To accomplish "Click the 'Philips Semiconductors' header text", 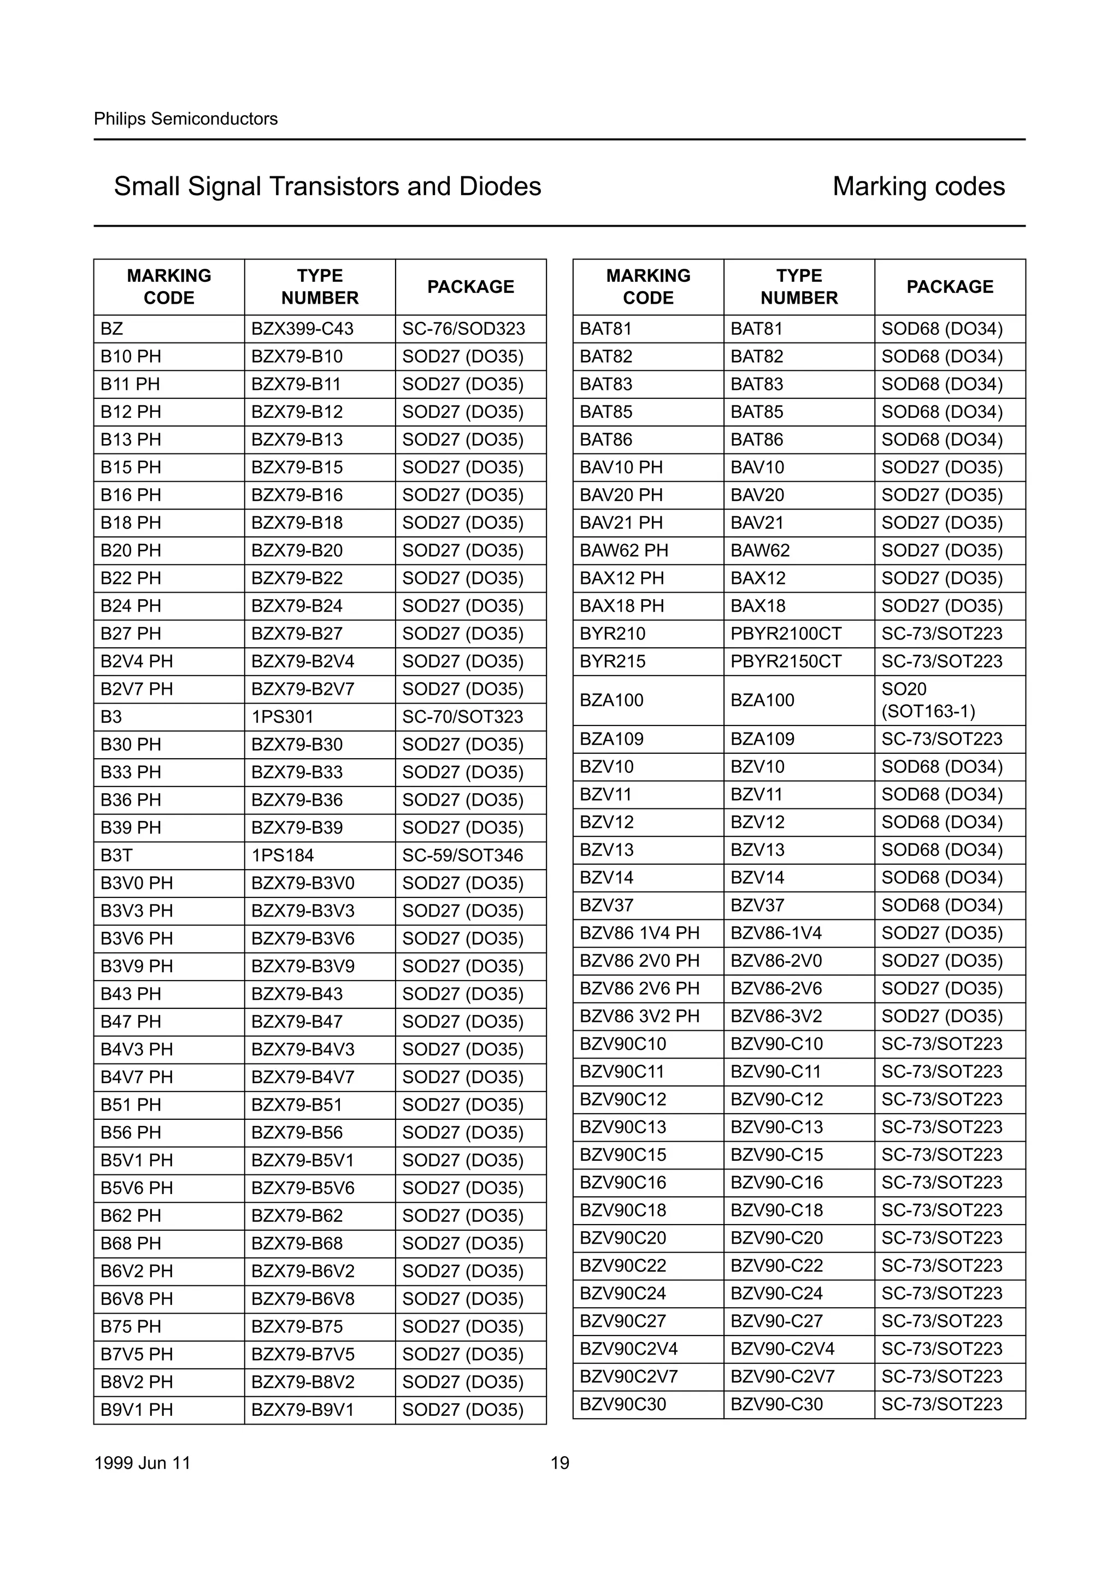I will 185,119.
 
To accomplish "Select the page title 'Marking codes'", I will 918,186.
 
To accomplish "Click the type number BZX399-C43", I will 302,329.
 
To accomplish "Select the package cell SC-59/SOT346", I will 463,855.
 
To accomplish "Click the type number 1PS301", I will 282,717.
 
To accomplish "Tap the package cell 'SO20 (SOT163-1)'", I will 928,700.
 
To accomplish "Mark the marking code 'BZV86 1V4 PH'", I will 639,933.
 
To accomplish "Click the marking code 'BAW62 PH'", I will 624,550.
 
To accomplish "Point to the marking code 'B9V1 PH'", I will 137,1410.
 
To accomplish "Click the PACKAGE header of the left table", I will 471,287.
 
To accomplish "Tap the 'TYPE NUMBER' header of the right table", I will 799,287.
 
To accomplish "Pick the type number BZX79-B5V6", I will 303,1188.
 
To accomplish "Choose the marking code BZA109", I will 611,739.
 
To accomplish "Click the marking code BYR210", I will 612,634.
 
